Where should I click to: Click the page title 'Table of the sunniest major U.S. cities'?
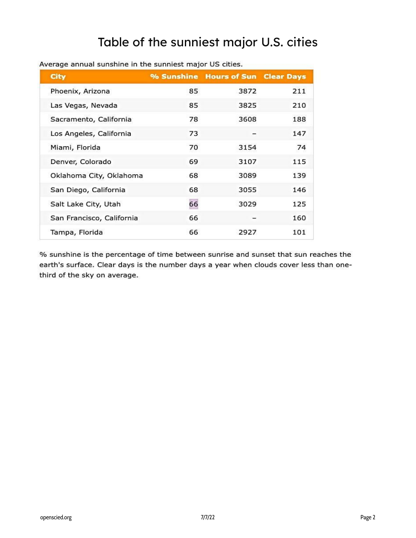(207, 42)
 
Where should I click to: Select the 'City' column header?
(58, 76)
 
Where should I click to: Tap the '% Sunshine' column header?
(174, 76)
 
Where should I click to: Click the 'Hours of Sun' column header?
(231, 76)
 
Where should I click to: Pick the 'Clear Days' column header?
(284, 76)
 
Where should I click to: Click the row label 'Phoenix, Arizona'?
(80, 91)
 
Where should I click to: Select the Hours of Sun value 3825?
(247, 105)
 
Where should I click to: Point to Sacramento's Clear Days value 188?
(299, 119)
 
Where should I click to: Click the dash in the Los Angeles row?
(254, 133)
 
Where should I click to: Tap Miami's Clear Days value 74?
(301, 147)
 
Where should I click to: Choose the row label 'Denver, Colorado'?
(81, 161)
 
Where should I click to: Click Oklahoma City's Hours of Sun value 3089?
(247, 176)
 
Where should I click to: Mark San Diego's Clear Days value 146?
(299, 190)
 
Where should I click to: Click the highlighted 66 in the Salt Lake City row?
(193, 204)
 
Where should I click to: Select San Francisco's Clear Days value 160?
(299, 218)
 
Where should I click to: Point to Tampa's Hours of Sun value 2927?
(247, 232)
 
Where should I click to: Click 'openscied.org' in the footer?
(56, 517)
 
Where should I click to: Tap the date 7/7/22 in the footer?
(208, 517)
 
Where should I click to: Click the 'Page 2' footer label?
(368, 517)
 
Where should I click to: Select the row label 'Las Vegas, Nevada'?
(84, 105)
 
